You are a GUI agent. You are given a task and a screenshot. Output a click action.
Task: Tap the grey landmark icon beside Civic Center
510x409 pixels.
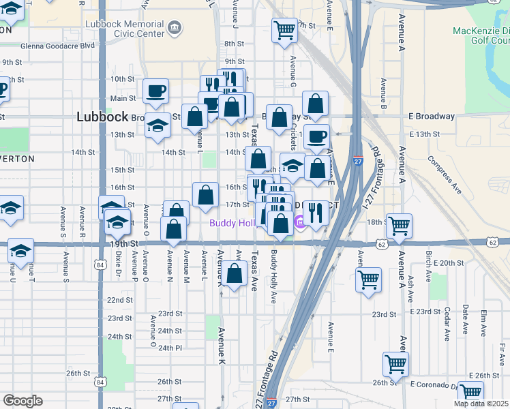point(176,28)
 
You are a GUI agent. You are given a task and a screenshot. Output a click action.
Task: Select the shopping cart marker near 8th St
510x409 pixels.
point(284,30)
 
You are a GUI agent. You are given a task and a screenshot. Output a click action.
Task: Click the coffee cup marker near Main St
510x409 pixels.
point(157,91)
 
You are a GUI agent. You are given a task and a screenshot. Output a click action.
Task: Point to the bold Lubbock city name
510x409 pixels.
point(102,117)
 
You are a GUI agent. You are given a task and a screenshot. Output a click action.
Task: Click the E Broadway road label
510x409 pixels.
point(431,117)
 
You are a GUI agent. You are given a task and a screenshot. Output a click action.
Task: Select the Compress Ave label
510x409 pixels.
point(445,176)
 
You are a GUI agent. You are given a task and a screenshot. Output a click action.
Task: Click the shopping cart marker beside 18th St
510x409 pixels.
point(399,225)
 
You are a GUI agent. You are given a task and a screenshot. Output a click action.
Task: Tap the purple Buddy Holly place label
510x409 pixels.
point(232,223)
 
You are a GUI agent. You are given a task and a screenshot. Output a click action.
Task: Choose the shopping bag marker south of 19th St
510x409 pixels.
point(235,275)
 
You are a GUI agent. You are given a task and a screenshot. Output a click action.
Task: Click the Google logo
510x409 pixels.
point(22,401)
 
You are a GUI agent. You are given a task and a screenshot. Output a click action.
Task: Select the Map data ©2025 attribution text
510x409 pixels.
point(481,404)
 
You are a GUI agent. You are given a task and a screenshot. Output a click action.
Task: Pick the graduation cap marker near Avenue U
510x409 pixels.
point(20,252)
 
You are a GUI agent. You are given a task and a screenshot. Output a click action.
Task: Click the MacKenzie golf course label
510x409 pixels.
point(481,35)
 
